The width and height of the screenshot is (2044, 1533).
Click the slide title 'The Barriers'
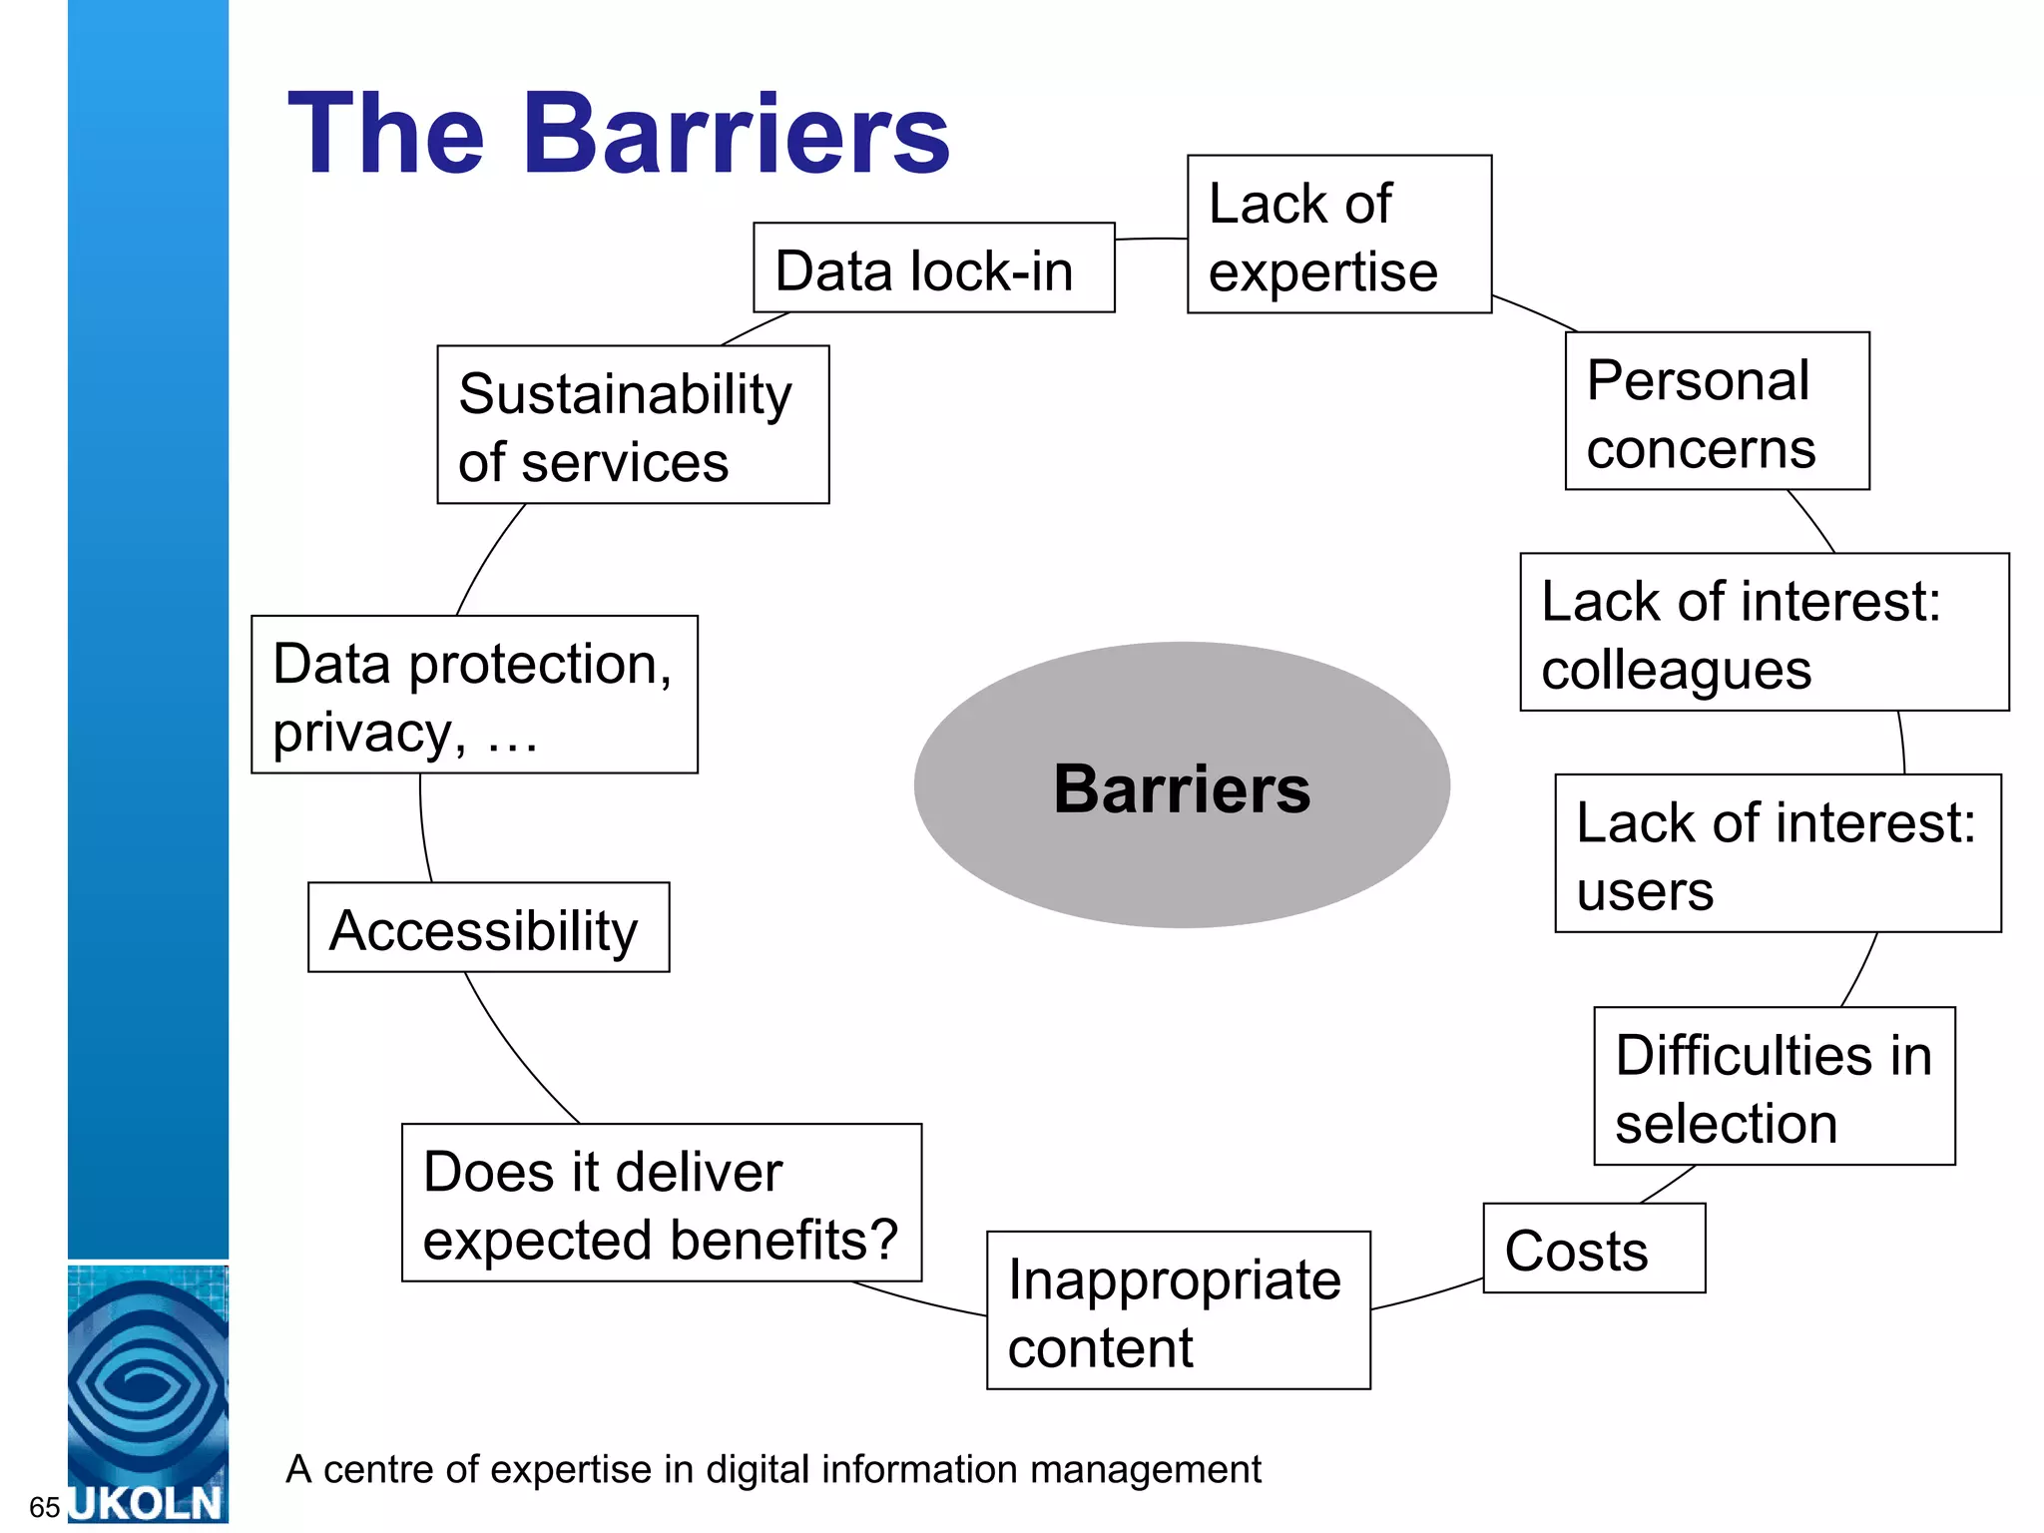(x=619, y=135)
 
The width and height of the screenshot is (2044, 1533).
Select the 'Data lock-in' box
(x=933, y=268)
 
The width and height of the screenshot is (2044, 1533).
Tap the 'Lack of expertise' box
(x=1338, y=235)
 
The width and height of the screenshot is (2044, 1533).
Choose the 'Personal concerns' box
(x=1717, y=411)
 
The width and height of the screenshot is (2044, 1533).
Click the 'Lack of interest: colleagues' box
(x=1764, y=633)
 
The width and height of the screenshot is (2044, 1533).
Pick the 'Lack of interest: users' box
(x=1778, y=854)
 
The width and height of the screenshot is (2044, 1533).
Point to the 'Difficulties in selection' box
(x=1774, y=1086)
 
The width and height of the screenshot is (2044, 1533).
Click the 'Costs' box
(x=1594, y=1249)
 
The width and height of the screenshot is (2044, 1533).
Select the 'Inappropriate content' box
(x=1178, y=1310)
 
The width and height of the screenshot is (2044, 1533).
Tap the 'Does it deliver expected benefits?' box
(x=661, y=1203)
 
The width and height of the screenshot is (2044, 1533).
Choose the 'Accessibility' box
(x=488, y=927)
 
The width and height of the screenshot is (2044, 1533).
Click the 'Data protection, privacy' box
(x=474, y=695)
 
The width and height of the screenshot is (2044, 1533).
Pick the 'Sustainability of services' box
(x=633, y=425)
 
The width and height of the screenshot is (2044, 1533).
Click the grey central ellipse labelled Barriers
(x=1182, y=785)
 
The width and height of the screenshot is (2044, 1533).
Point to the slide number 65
(x=45, y=1506)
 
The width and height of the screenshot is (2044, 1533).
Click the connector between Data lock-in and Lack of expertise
(x=1151, y=240)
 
